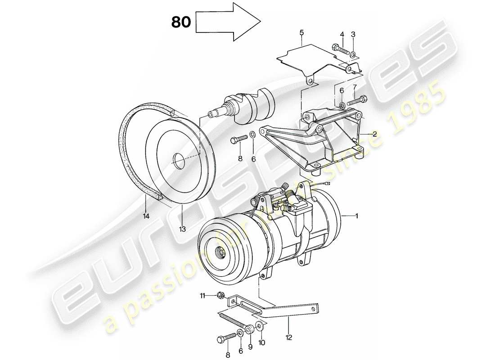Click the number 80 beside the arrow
[181, 22]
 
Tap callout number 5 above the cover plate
[301, 32]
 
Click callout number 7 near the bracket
[355, 86]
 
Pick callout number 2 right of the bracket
[374, 134]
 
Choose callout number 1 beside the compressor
[356, 216]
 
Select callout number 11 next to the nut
[202, 295]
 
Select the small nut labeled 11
[220, 295]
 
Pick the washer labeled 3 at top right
[353, 55]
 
